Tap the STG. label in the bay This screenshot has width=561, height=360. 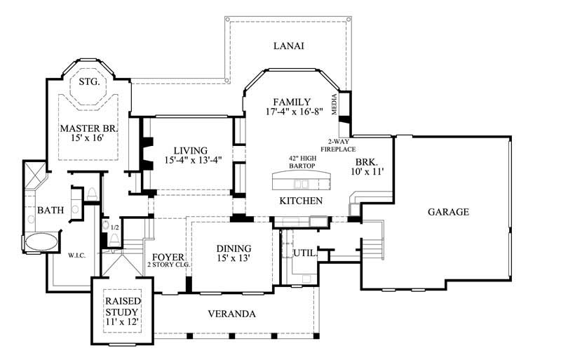coord(88,82)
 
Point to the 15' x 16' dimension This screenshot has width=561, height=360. coord(88,139)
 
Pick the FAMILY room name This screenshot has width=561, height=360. coord(292,102)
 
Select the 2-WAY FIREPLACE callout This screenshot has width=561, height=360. coord(339,145)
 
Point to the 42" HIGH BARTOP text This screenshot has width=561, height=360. coord(301,163)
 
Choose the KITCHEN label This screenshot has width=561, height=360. coord(301,201)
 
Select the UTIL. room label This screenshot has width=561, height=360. coord(304,253)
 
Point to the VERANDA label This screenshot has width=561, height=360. coord(231,314)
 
